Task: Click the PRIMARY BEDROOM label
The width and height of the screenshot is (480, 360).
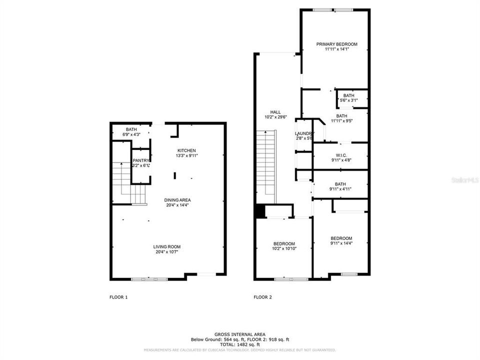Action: click(336, 44)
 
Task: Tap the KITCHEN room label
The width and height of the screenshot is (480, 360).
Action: click(186, 150)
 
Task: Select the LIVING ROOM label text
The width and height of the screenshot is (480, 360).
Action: click(166, 246)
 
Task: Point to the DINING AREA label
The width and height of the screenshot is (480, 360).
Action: click(177, 200)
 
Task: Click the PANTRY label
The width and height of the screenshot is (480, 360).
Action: click(141, 160)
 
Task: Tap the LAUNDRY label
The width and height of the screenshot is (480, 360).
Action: click(304, 133)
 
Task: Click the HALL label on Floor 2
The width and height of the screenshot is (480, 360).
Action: click(275, 112)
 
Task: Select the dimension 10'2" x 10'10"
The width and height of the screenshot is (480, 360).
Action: click(284, 248)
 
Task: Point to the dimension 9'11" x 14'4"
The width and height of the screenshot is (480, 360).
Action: click(341, 243)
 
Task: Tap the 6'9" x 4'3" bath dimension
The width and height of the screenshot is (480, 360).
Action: click(131, 134)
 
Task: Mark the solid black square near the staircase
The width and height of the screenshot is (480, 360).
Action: click(259, 211)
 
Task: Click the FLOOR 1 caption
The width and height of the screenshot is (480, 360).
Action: click(118, 297)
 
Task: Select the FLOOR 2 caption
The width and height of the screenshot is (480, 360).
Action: click(262, 297)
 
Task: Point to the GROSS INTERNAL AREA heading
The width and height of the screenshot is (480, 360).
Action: click(240, 334)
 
